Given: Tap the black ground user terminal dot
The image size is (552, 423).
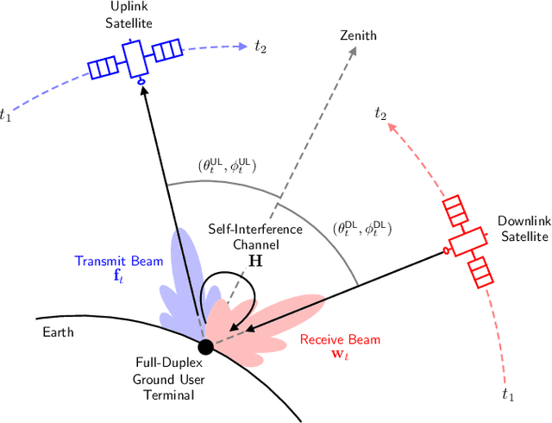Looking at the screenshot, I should coord(205,347).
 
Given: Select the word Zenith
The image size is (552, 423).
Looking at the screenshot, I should coord(359,35).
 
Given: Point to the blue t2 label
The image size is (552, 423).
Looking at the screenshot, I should coord(260,47).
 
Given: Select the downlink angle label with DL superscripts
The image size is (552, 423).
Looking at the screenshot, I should coord(361,230).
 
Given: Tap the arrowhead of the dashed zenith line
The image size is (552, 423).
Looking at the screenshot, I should coord(354,51).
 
